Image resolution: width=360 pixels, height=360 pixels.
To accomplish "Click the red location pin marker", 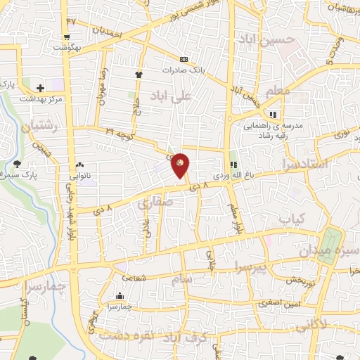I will tap(181, 164).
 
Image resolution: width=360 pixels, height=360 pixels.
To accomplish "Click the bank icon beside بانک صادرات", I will tap(184, 59).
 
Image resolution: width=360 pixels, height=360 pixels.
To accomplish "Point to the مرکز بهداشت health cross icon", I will tap(40, 89).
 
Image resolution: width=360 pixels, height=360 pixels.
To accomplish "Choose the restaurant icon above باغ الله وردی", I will tap(233, 165).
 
